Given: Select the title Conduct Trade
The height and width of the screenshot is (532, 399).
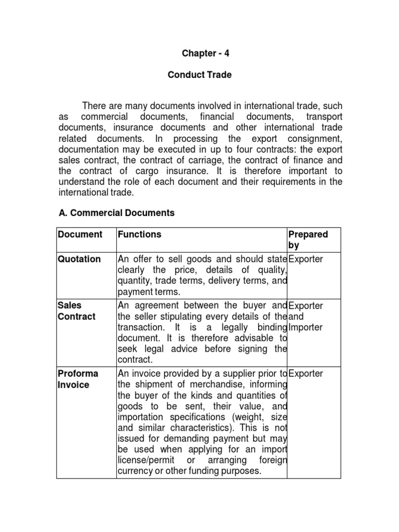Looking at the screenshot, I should pos(199,75).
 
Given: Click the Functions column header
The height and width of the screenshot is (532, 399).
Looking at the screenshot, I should pos(140,234).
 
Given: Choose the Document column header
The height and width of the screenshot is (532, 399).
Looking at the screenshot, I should pos(79,234).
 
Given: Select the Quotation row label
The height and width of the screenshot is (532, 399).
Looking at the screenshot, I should pos(79,259).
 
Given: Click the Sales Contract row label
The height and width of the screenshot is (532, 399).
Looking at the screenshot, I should pos(77,311).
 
